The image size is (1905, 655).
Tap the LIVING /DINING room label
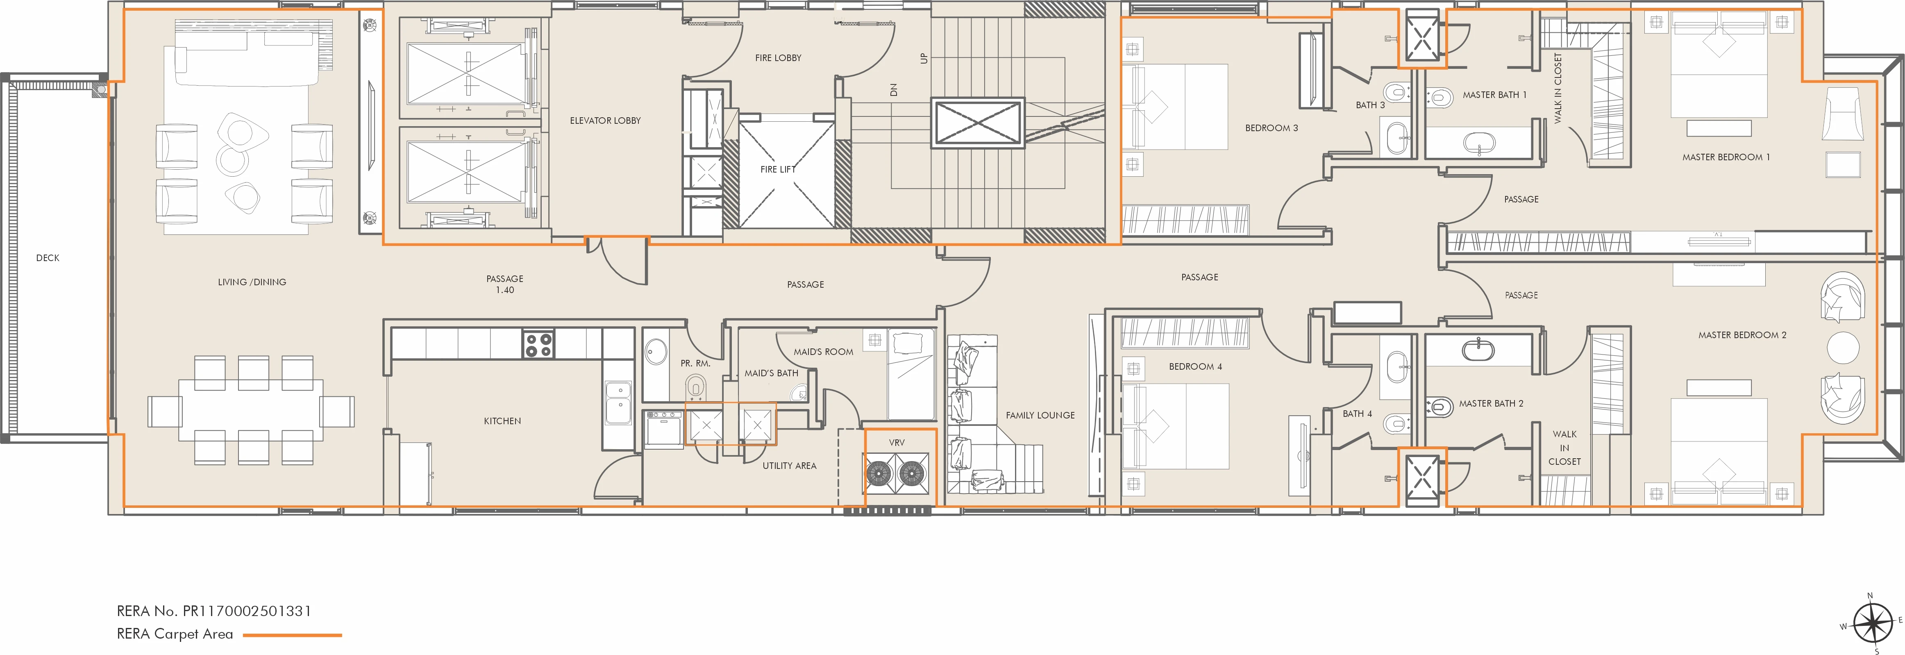(252, 282)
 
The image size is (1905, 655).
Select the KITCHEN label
(502, 421)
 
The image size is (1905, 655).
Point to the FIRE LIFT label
(778, 169)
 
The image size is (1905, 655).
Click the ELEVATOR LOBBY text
(605, 121)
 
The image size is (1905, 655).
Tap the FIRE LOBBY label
(778, 58)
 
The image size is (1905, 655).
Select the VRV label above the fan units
(896, 443)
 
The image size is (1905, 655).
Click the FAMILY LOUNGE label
(1040, 415)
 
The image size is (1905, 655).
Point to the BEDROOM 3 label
(1271, 128)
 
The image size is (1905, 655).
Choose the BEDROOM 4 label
(1195, 366)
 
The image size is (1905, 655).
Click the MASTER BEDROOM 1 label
(1725, 157)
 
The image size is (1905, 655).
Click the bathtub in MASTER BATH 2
(1478, 348)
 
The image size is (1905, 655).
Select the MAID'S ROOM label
(823, 352)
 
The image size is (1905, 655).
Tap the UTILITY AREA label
(789, 466)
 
